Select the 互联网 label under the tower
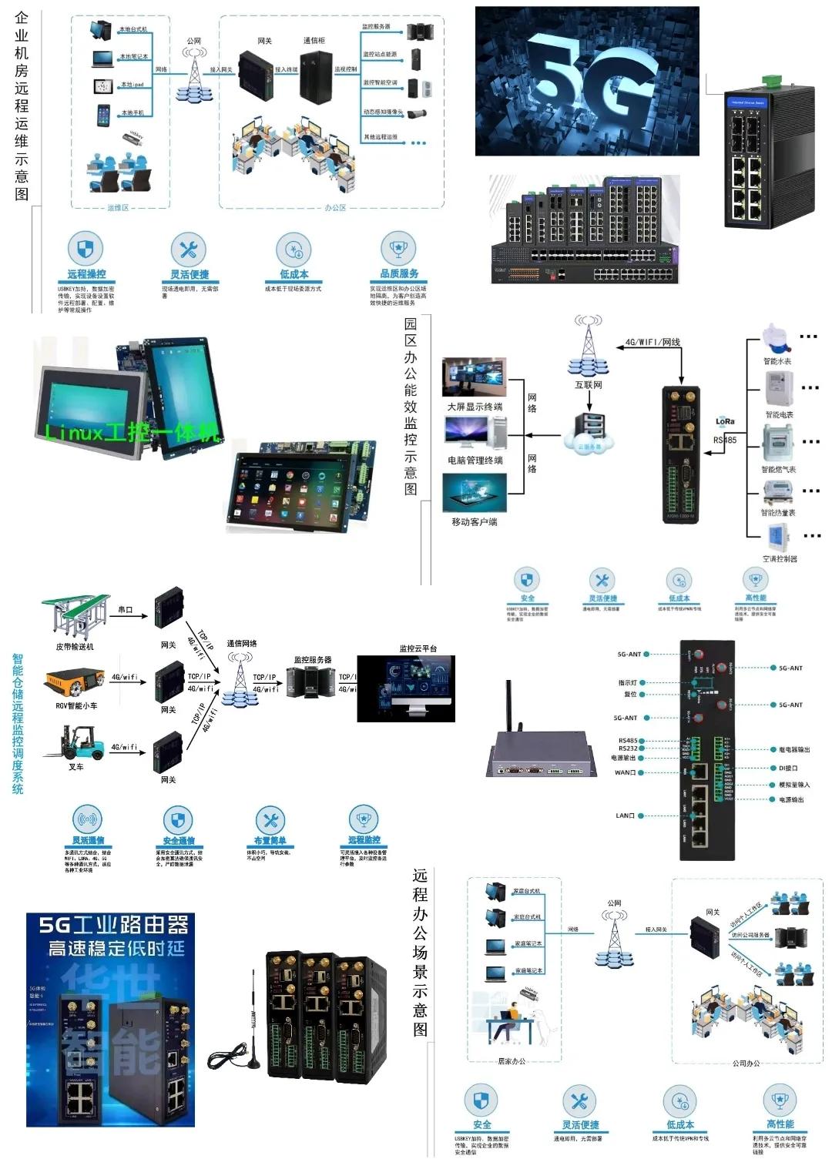coord(589,384)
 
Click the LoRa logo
coord(725,421)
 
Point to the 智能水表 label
coord(777,361)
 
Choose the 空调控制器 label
coord(780,558)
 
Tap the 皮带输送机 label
coord(75,647)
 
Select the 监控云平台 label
coord(418,648)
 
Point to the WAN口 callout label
coord(625,772)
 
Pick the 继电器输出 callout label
coord(793,749)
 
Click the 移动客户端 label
coord(474,521)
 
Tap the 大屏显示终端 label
coord(475,407)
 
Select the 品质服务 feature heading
coord(399,273)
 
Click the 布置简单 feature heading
coord(270,840)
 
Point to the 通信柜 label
coord(314,41)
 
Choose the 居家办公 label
coord(512,1061)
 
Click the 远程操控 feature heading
coord(86,274)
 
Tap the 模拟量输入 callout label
coord(793,785)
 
